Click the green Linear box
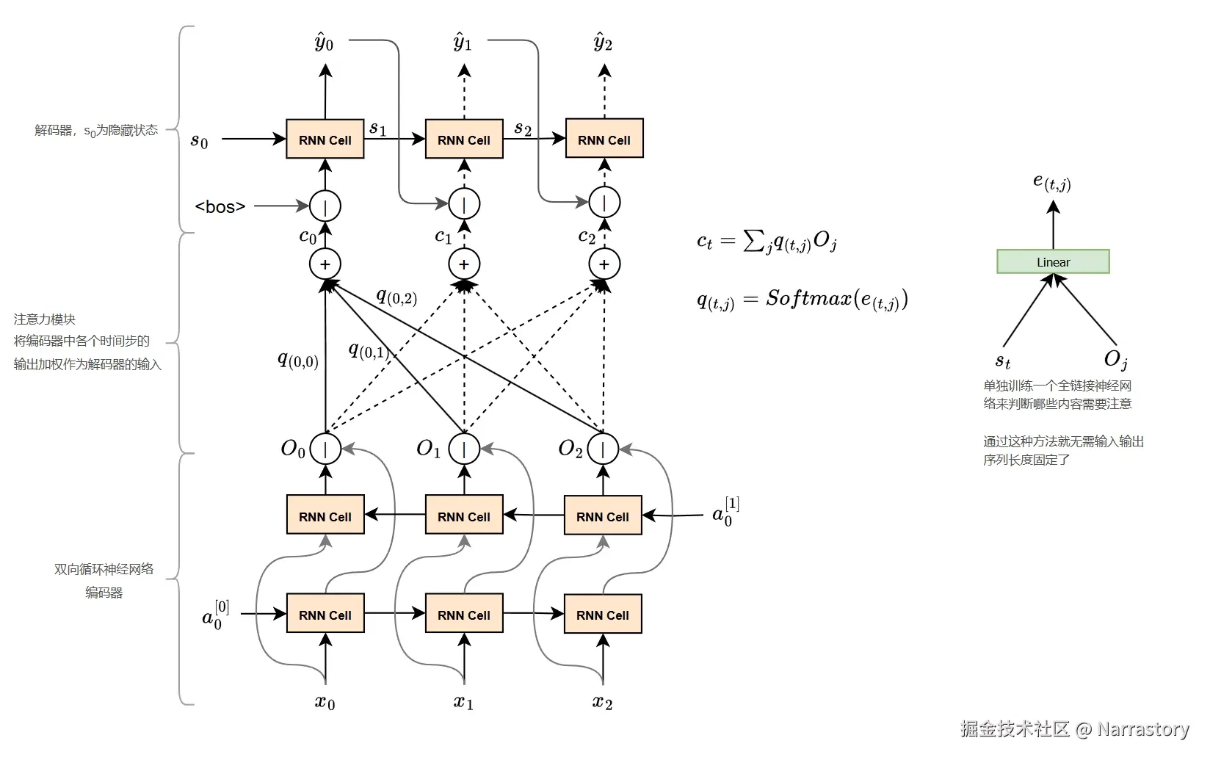click(1053, 261)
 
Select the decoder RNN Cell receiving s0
click(325, 139)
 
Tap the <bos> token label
click(220, 206)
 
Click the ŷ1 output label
click(463, 42)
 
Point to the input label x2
click(602, 702)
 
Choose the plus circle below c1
click(464, 264)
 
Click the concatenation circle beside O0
click(325, 449)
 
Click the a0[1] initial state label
click(725, 511)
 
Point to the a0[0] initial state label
click(215, 615)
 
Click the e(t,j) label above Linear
click(1051, 183)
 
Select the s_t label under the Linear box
click(1002, 361)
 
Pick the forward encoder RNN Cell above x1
click(464, 614)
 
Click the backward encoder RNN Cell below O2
click(603, 515)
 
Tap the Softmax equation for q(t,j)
click(803, 300)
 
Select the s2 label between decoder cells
click(522, 129)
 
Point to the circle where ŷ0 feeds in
click(464, 203)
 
